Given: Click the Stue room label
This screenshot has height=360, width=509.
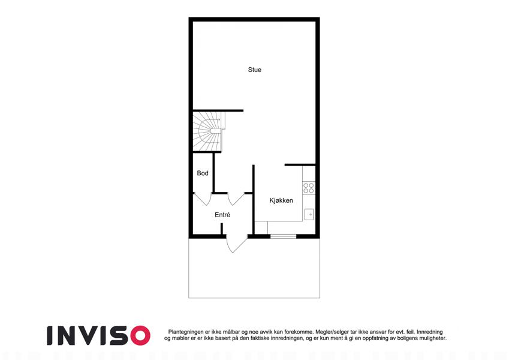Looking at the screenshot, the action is [x=254, y=70].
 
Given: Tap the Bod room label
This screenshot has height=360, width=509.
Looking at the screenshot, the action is [x=203, y=173].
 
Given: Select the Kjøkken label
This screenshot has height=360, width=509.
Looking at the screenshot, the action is [x=281, y=200].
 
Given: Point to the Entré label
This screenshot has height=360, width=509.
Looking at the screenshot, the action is [x=222, y=215].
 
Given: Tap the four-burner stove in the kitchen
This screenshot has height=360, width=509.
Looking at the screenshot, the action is [x=309, y=188].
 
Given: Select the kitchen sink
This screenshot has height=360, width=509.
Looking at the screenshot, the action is [x=309, y=215].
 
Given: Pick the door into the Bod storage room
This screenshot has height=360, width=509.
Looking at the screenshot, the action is [x=203, y=199].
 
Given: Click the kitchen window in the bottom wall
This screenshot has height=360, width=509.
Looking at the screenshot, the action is [x=284, y=236].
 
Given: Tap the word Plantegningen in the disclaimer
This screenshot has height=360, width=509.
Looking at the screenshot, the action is [x=186, y=332].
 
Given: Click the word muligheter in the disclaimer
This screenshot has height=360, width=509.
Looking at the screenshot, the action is [x=432, y=338].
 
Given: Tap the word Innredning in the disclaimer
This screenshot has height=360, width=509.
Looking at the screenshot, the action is [x=429, y=332].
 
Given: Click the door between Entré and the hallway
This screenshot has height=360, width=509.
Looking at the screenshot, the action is [x=236, y=199].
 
